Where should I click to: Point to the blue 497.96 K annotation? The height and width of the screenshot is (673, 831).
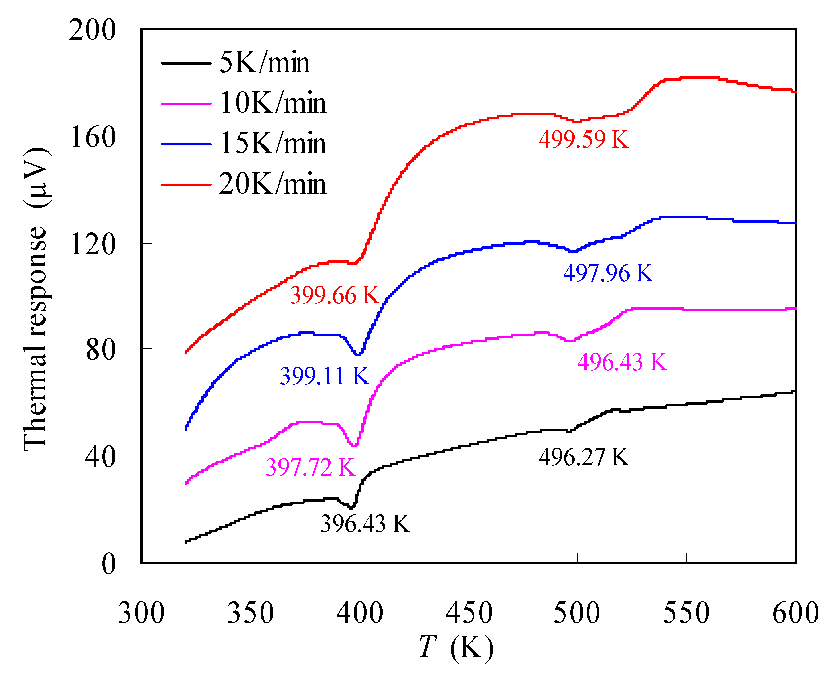point(608,273)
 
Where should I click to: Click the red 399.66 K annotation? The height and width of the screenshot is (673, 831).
point(335,295)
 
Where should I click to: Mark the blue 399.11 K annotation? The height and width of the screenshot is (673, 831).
point(324,376)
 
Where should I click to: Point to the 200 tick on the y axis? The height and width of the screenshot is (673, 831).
point(92,30)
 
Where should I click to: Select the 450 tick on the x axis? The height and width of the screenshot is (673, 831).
point(469,613)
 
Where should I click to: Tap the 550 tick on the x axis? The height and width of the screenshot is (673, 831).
point(686,613)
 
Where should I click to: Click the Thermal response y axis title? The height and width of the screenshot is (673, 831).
point(36,299)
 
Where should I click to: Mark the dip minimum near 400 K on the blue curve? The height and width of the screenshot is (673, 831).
point(358,354)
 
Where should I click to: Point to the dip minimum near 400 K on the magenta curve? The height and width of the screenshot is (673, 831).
point(354,445)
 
